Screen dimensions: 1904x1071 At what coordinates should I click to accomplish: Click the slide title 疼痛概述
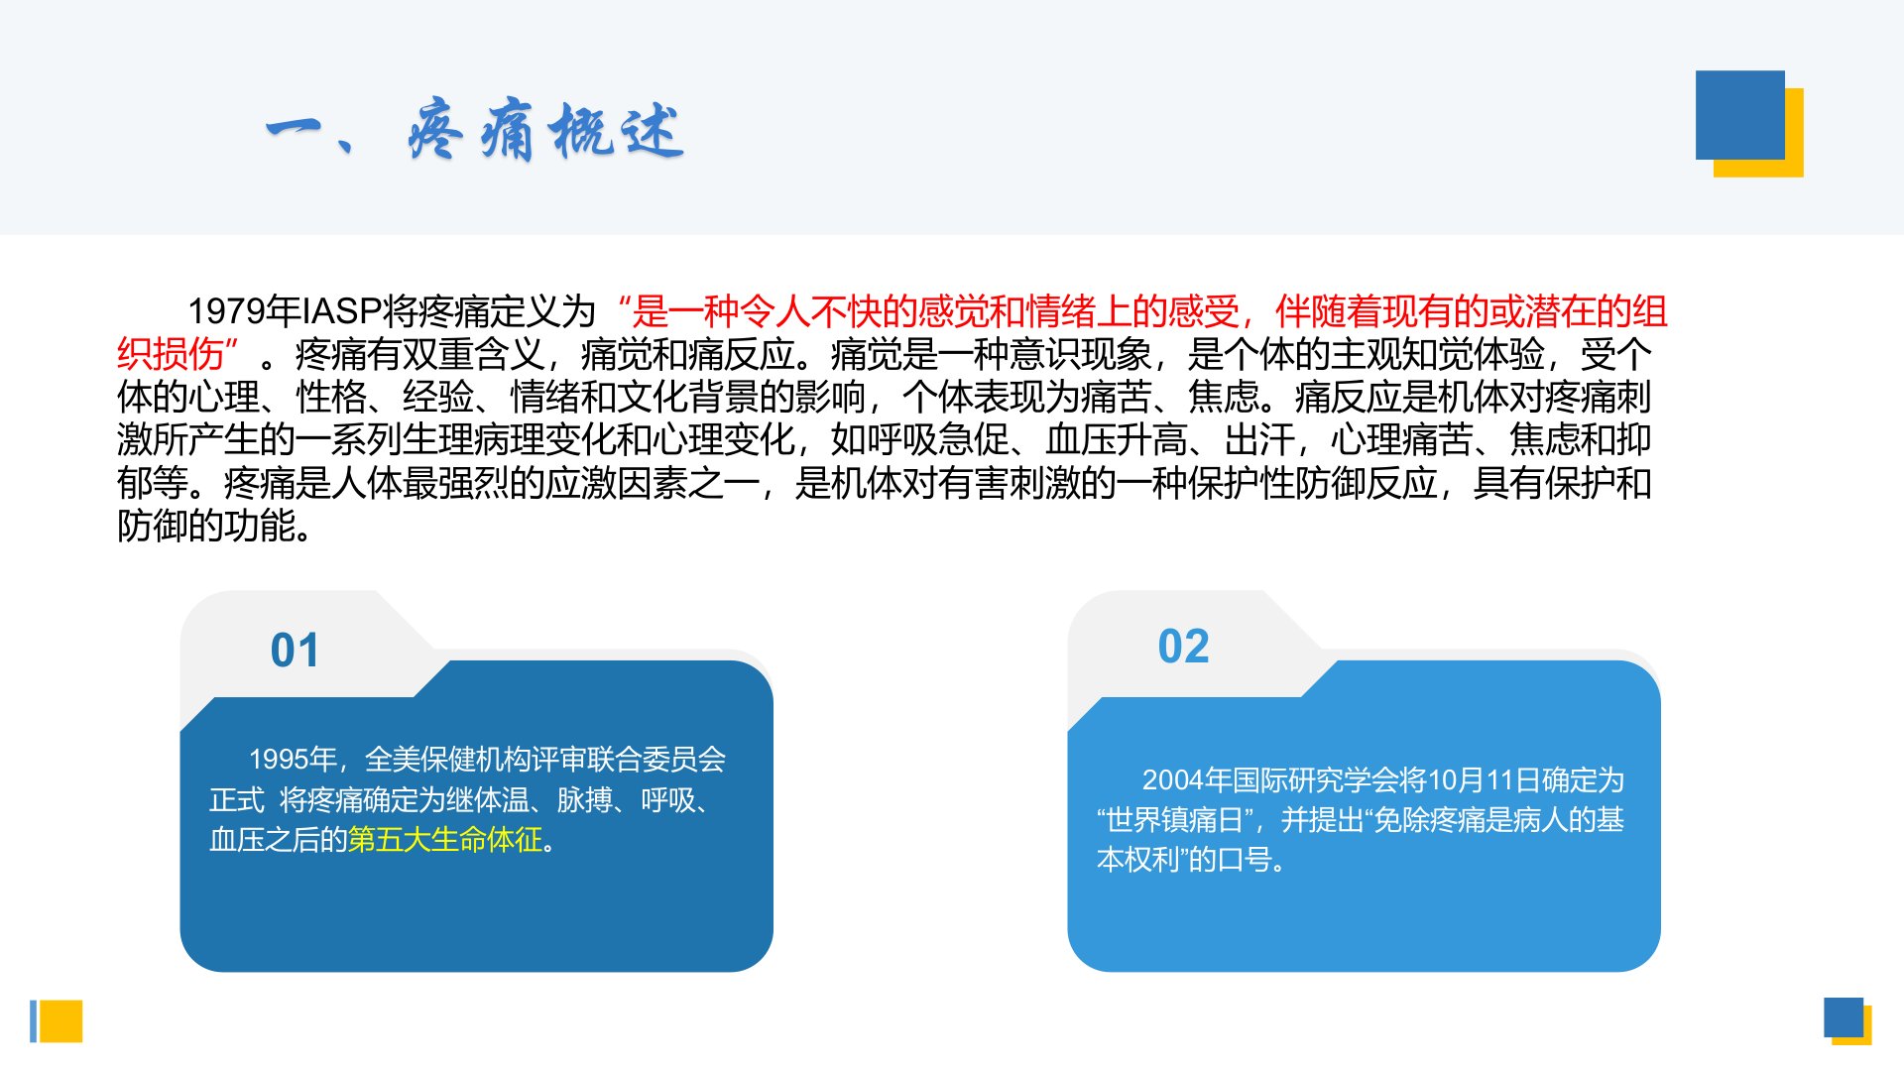[545, 130]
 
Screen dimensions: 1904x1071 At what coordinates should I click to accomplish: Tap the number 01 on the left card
[295, 651]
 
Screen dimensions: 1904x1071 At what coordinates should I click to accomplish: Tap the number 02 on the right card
[1183, 647]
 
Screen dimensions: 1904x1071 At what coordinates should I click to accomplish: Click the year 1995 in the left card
[279, 760]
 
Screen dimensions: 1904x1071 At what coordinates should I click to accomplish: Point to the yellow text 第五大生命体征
[445, 840]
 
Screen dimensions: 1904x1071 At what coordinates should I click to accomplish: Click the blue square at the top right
[1740, 115]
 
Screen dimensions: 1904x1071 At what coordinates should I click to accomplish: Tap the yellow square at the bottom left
[60, 1021]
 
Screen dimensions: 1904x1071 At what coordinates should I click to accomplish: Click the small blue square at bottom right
[1844, 1017]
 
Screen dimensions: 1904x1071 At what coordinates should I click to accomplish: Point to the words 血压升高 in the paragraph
[1116, 439]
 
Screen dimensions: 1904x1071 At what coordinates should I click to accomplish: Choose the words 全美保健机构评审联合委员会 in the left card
[545, 760]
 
